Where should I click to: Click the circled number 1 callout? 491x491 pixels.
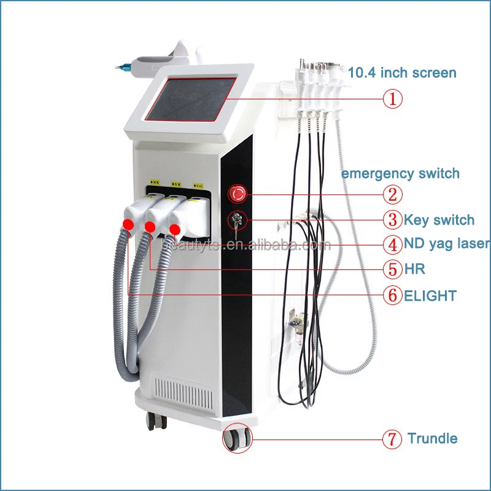[x=393, y=98]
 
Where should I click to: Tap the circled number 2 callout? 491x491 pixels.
[x=393, y=195]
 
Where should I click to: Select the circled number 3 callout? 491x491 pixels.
[x=393, y=219]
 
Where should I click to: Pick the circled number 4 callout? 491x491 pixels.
[x=393, y=244]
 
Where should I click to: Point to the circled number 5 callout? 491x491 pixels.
[x=393, y=269]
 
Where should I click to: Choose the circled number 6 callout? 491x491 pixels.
[x=393, y=295]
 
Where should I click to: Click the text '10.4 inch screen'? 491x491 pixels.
[x=402, y=72]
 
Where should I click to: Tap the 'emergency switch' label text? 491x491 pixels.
[x=400, y=173]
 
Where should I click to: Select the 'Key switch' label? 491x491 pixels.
[x=438, y=219]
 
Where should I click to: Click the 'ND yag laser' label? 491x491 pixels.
[x=447, y=244]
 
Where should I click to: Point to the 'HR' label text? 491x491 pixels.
[x=414, y=269]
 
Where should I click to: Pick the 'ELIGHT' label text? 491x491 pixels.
[x=430, y=296]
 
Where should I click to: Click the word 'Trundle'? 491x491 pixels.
[x=432, y=439]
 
